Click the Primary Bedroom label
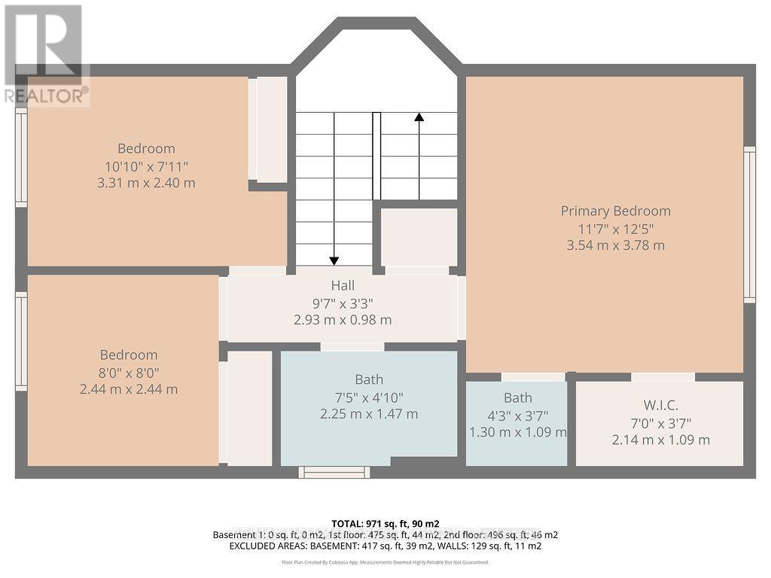pyautogui.click(x=615, y=211)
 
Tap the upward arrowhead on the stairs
pyautogui.click(x=419, y=117)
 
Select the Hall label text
pyautogui.click(x=343, y=285)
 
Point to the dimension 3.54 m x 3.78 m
pyautogui.click(x=615, y=245)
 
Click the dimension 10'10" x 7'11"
pyautogui.click(x=146, y=166)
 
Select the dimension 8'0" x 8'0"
pyautogui.click(x=129, y=372)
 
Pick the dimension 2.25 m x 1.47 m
pyautogui.click(x=368, y=414)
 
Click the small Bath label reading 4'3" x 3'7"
pyautogui.click(x=517, y=397)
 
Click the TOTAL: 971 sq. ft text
pyautogui.click(x=385, y=523)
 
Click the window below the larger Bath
pyautogui.click(x=334, y=473)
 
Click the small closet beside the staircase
pyautogui.click(x=418, y=236)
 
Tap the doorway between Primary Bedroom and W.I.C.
pyautogui.click(x=663, y=377)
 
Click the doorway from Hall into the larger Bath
pyautogui.click(x=352, y=347)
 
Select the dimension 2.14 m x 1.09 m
pyautogui.click(x=660, y=440)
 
